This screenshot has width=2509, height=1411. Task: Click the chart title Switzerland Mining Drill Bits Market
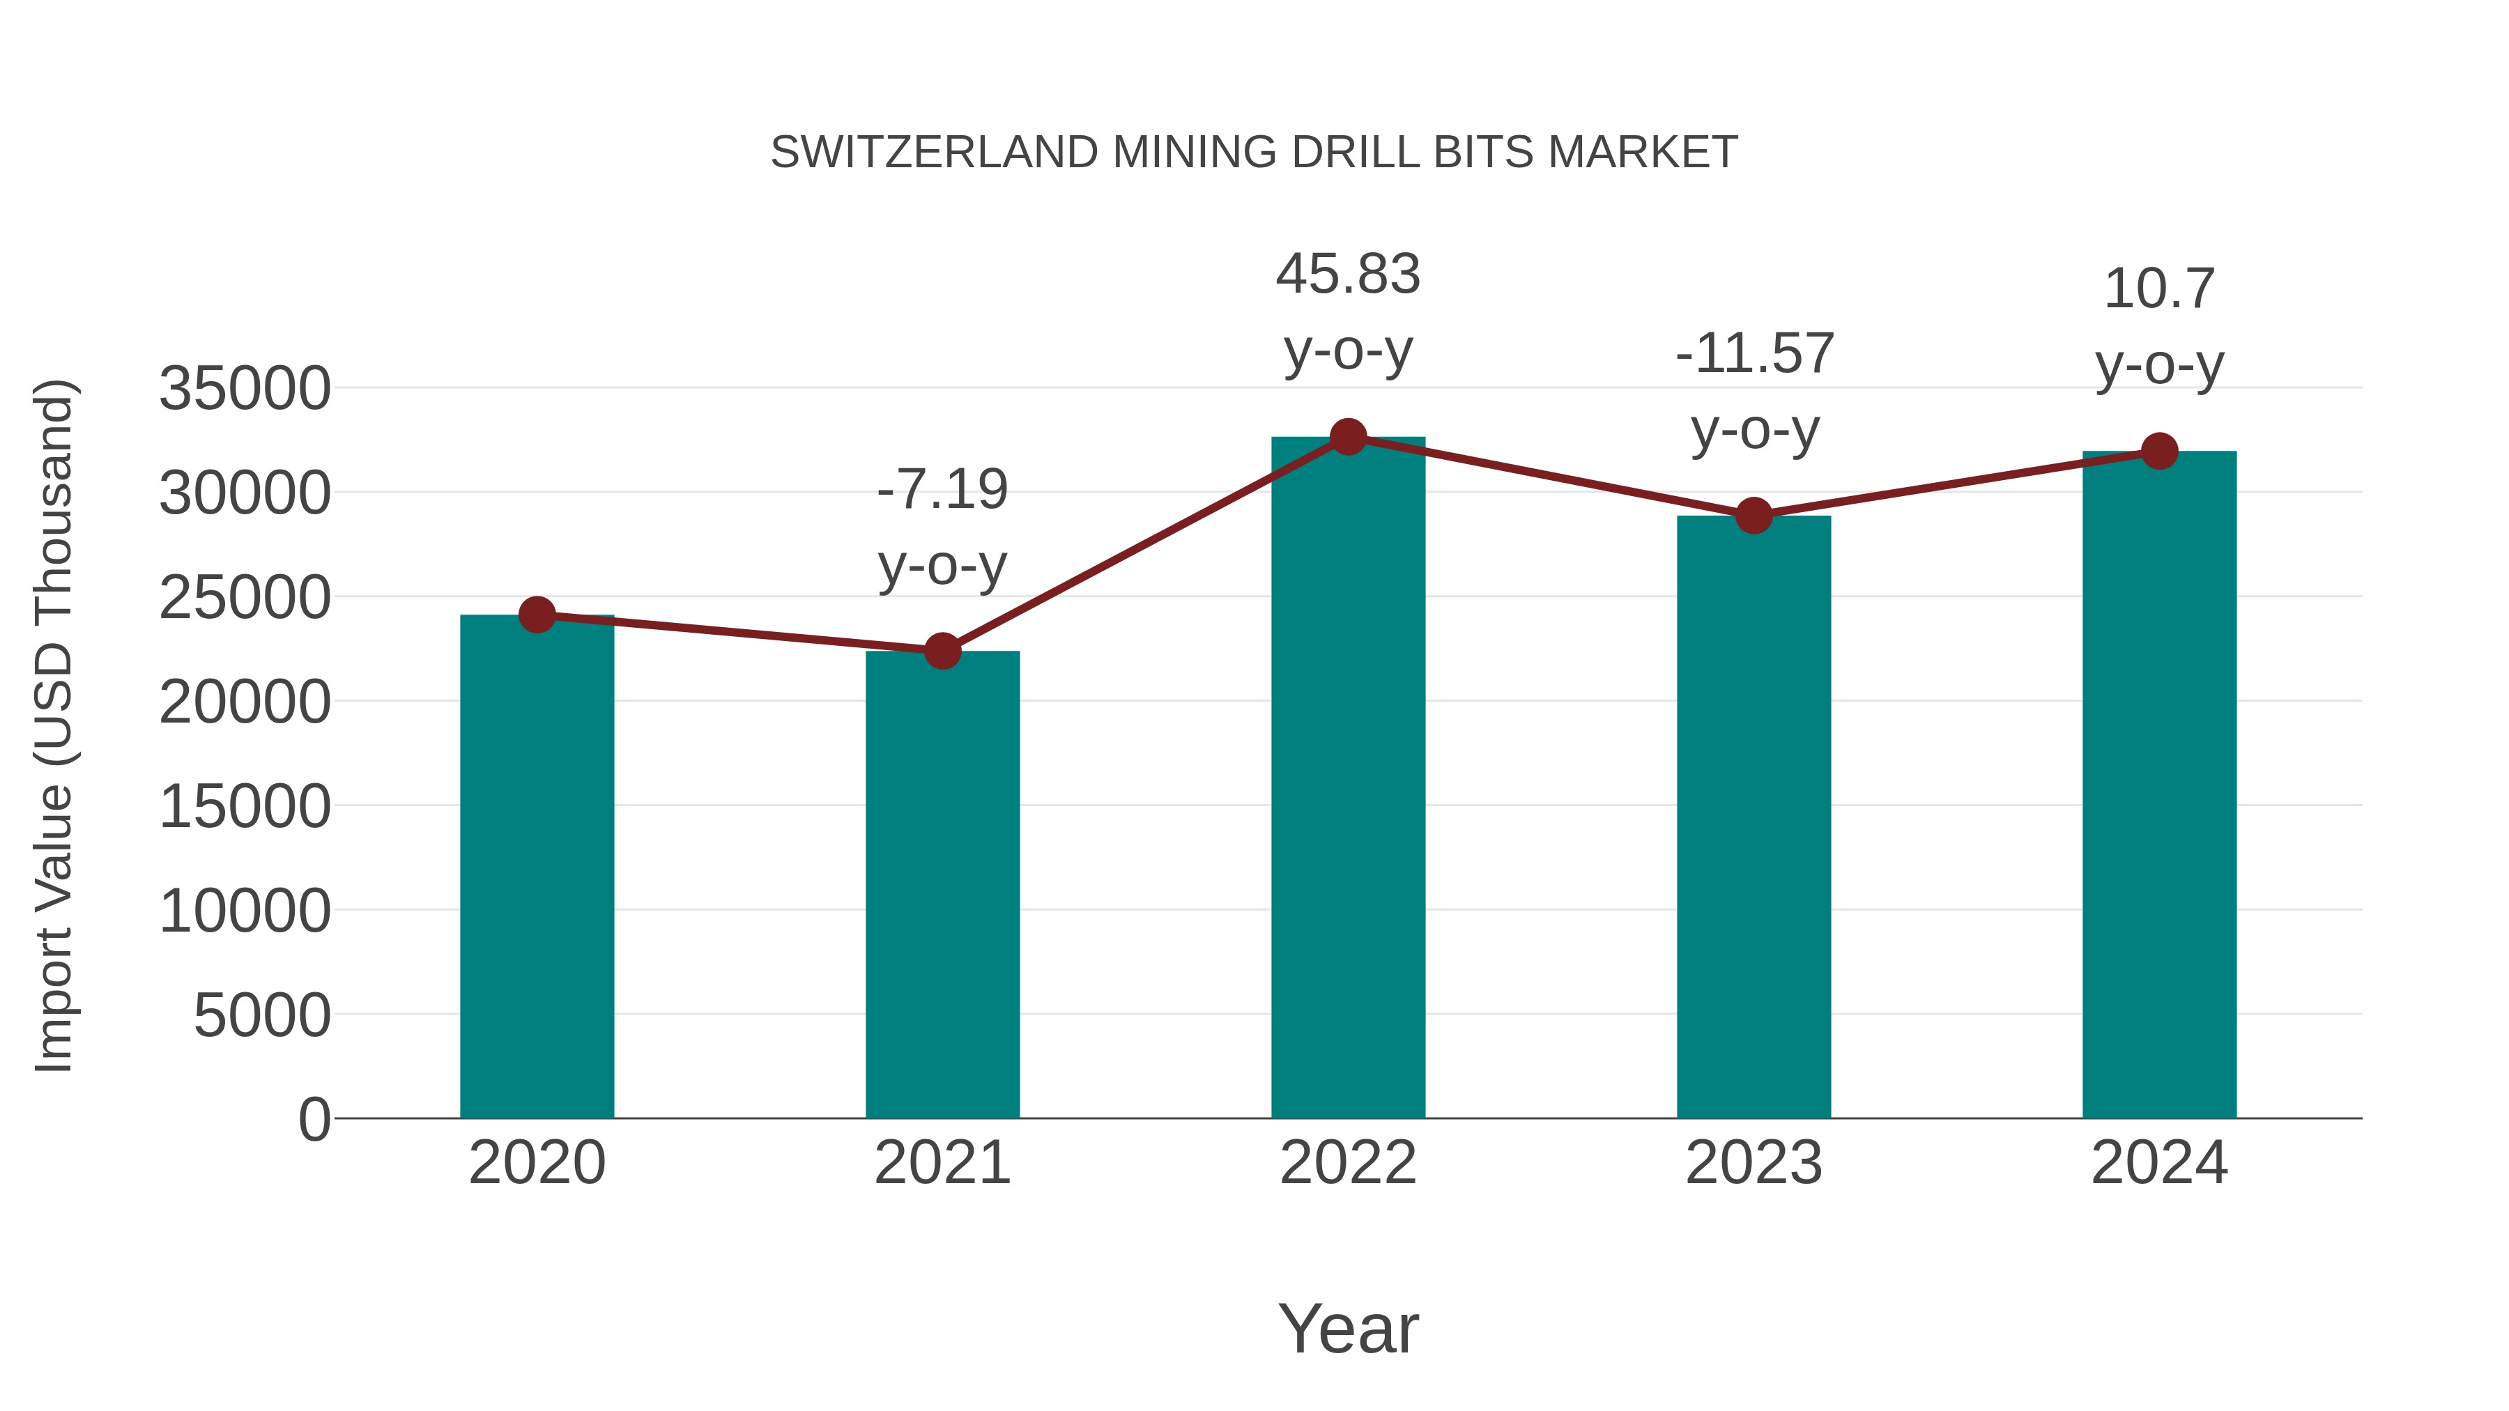(1254, 153)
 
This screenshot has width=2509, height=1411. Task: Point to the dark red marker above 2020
(537, 615)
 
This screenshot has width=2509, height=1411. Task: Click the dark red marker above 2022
(1348, 437)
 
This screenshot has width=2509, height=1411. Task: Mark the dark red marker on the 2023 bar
(1754, 515)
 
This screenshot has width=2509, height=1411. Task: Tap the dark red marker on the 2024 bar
(2159, 451)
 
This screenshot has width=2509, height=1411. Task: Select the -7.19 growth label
(942, 490)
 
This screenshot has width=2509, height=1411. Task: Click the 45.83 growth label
(1348, 275)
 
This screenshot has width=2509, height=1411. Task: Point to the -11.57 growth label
(1754, 353)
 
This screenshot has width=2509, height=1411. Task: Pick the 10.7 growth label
(2159, 289)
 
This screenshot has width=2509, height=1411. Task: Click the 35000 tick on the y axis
(245, 389)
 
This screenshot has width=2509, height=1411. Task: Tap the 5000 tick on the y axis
(262, 1016)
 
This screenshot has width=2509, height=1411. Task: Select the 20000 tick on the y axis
(245, 702)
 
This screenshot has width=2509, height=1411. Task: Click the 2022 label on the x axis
(1348, 1163)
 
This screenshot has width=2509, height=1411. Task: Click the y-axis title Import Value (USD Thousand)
(54, 725)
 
